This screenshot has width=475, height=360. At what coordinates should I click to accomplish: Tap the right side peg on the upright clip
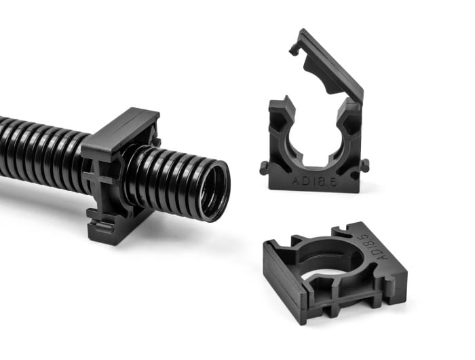(x=366, y=164)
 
